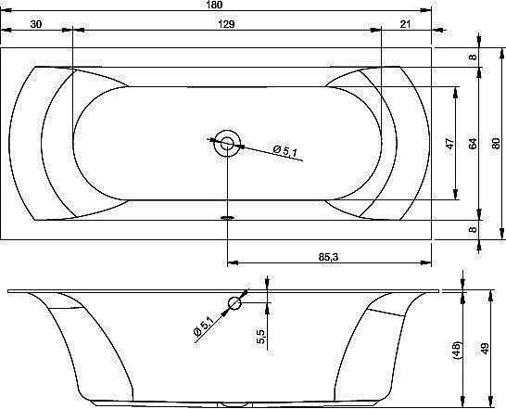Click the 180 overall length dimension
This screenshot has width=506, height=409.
(213, 5)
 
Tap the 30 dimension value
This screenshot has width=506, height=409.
(36, 24)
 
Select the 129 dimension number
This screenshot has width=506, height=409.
(226, 24)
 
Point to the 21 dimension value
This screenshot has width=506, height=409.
(405, 24)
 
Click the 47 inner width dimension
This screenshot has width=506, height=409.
(449, 144)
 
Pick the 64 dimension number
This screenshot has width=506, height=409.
(473, 144)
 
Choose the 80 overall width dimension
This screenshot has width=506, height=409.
(496, 144)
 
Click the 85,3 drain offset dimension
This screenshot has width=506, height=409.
(328, 257)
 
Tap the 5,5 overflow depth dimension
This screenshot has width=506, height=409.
(260, 337)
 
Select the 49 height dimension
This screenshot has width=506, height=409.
(485, 349)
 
